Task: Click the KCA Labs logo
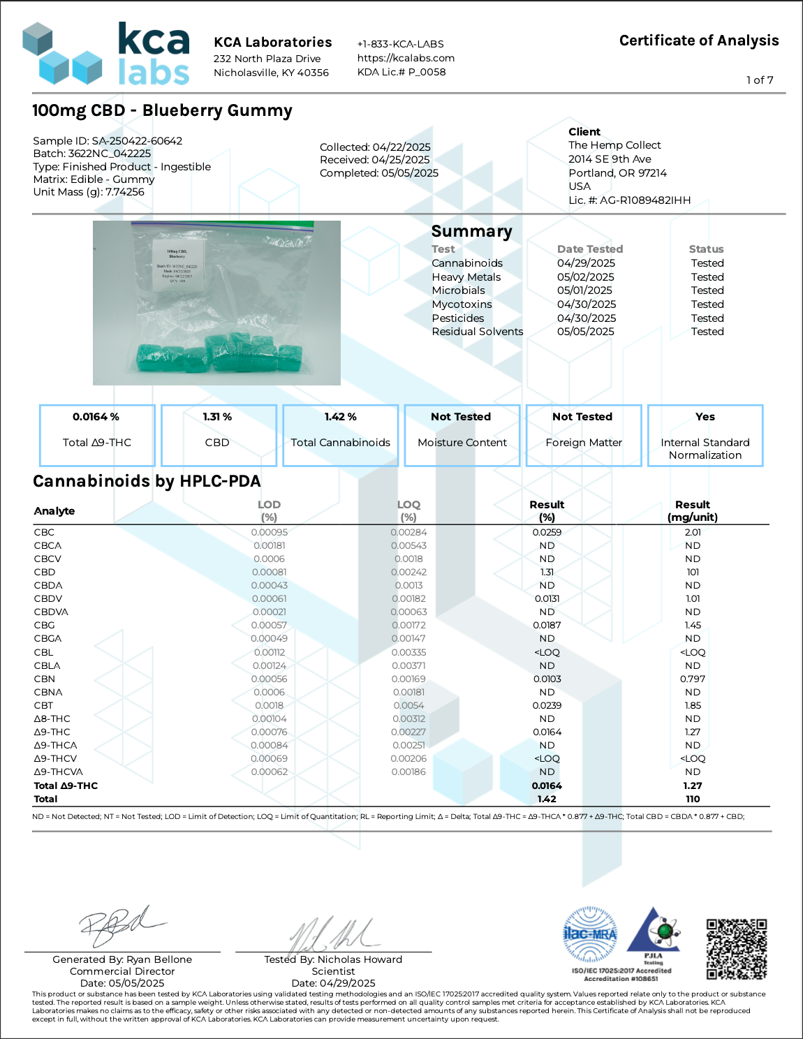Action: [x=106, y=53]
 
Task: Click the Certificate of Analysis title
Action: [x=699, y=40]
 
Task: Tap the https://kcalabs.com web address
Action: [x=406, y=58]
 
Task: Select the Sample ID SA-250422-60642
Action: [x=137, y=141]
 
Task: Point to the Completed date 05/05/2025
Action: [x=410, y=173]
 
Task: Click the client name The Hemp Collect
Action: [x=614, y=145]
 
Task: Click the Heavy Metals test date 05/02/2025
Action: [x=586, y=277]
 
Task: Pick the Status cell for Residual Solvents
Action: [x=707, y=332]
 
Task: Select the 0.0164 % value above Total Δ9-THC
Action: [x=96, y=417]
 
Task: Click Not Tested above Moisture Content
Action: [x=461, y=417]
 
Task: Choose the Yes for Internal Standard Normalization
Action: [x=705, y=417]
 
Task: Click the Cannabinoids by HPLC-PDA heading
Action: [x=147, y=481]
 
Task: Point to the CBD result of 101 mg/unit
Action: [x=693, y=572]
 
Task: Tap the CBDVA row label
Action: [x=51, y=612]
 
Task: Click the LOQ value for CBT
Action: [x=408, y=705]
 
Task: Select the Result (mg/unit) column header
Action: [x=693, y=510]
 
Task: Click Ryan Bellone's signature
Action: [x=119, y=925]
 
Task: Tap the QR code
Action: [x=737, y=949]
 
